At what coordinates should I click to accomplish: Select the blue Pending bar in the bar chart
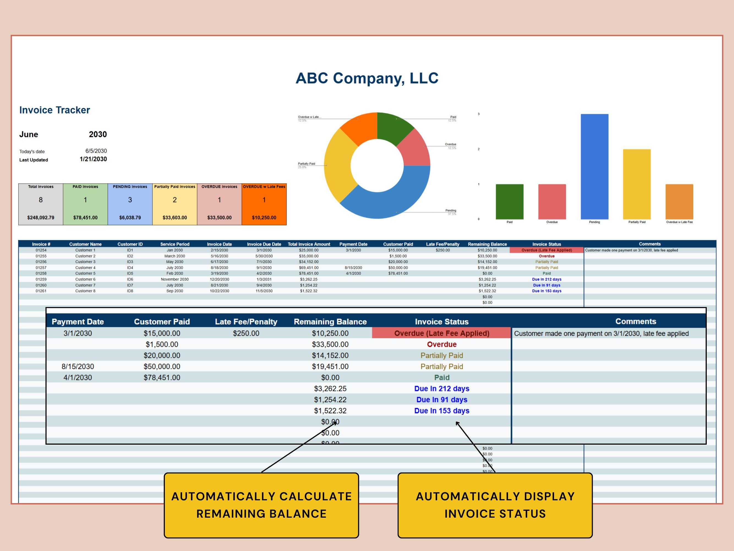point(594,166)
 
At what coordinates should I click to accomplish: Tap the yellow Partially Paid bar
point(637,184)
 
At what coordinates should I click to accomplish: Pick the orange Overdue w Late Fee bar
point(679,201)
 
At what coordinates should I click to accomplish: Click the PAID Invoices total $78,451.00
point(85,218)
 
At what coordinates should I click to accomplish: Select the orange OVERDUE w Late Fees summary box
point(264,204)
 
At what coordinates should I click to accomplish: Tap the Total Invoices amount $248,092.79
point(40,218)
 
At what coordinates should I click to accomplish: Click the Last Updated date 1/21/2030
point(93,159)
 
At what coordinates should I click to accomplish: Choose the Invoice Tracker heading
point(54,110)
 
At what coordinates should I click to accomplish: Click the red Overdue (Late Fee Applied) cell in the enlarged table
point(441,333)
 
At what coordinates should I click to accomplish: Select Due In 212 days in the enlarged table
point(441,388)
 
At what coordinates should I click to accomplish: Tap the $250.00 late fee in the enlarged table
point(246,333)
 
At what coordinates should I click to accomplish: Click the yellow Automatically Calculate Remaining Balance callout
point(261,505)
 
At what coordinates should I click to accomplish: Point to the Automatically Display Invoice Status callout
point(495,505)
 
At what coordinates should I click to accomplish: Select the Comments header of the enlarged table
point(635,321)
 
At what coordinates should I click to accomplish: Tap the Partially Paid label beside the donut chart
point(306,164)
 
